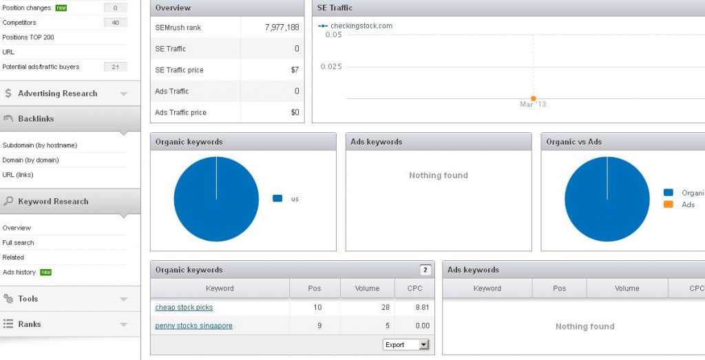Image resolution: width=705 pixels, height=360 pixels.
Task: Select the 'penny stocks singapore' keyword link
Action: pos(193,326)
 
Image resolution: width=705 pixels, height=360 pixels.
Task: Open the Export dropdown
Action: pos(406,344)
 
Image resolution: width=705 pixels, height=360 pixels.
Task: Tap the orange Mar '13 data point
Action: pos(533,98)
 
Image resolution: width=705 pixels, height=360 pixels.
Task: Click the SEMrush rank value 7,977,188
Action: pos(282,28)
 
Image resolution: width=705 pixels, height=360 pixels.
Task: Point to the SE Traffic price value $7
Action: pos(295,70)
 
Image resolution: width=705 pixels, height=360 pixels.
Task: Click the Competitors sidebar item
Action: pos(19,23)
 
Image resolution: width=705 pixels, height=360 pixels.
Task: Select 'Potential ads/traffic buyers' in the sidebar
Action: pos(41,67)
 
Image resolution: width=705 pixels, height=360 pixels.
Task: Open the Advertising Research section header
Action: pos(58,94)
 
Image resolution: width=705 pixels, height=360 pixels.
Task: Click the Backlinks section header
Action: pos(36,119)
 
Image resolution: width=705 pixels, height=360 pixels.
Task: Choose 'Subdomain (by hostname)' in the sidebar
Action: pos(40,145)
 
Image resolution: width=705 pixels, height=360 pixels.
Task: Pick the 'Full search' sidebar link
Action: pos(18,242)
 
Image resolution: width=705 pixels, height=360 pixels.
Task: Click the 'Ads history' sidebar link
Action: pos(19,273)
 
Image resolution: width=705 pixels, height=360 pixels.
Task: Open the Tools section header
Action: pos(28,299)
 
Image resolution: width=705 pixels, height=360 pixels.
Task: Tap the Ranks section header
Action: pos(30,324)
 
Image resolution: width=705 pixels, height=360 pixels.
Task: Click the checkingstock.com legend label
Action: pos(361,26)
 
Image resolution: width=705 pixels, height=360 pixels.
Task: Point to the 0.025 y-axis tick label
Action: pos(331,67)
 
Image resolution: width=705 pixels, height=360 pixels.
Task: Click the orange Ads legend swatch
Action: pos(668,204)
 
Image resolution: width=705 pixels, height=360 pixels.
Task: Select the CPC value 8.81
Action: pos(423,308)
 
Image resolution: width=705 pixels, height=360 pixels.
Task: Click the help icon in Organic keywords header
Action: pos(425,270)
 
